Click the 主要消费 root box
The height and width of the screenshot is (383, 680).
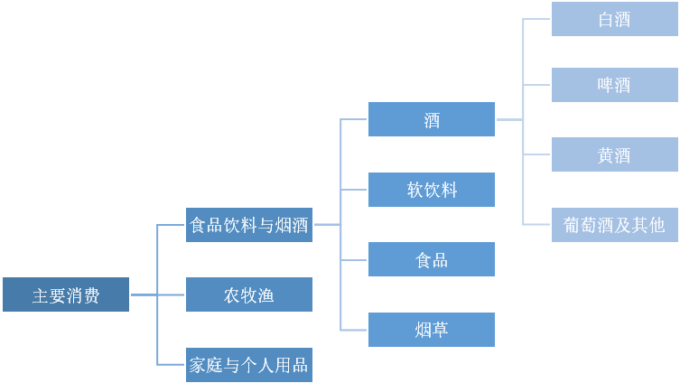66,294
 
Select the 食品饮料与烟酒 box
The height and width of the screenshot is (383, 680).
249,225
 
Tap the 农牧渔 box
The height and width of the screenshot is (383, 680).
249,294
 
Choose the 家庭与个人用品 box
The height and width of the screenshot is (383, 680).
249,365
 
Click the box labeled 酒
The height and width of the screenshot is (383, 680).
432,119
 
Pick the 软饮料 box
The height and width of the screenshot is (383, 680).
432,190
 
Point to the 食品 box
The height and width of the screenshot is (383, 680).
432,259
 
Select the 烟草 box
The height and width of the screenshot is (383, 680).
432,330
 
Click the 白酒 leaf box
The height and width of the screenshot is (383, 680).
614,19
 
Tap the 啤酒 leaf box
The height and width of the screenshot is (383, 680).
614,85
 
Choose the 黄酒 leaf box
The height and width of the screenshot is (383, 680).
614,154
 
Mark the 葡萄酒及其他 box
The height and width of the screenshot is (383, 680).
614,225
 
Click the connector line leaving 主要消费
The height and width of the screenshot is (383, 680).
144,294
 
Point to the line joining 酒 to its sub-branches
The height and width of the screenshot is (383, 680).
509,119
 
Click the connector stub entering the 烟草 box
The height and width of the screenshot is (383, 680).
354,330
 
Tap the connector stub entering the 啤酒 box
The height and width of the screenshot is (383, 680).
536,85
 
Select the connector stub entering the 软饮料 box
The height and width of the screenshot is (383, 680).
354,190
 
